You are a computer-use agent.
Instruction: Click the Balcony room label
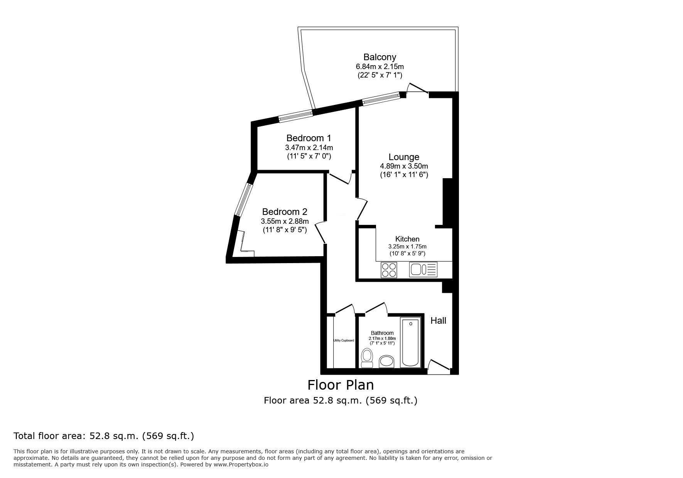pyautogui.click(x=379, y=57)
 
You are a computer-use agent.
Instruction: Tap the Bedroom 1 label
pyautogui.click(x=309, y=138)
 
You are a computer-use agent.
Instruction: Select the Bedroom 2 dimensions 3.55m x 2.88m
pyautogui.click(x=285, y=221)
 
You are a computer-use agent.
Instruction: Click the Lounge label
pyautogui.click(x=404, y=157)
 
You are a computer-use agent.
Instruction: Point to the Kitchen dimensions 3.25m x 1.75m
pyautogui.click(x=407, y=247)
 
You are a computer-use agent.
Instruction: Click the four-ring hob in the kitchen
pyautogui.click(x=389, y=270)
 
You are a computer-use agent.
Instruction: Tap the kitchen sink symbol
pyautogui.click(x=423, y=270)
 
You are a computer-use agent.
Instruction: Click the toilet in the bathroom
pyautogui.click(x=367, y=358)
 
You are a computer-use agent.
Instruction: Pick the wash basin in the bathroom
pyautogui.click(x=386, y=362)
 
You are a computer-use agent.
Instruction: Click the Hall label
pyautogui.click(x=438, y=321)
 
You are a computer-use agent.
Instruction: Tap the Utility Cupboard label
pyautogui.click(x=344, y=341)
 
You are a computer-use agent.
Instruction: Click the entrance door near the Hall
pyautogui.click(x=439, y=366)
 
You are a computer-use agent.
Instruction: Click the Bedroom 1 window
pyautogui.click(x=296, y=116)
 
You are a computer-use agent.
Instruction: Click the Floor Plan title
pyautogui.click(x=341, y=385)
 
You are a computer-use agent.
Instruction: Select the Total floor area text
pyautogui.click(x=104, y=436)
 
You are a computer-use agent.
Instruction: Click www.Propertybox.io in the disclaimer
pyautogui.click(x=241, y=465)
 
